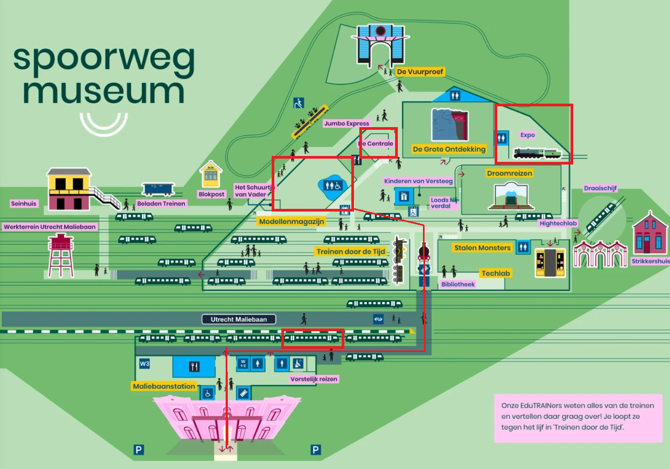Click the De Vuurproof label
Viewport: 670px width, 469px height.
(x=420, y=72)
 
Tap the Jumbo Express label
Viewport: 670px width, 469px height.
(x=346, y=123)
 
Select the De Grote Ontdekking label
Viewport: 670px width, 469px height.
(x=449, y=149)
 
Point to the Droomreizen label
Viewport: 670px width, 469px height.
(x=509, y=174)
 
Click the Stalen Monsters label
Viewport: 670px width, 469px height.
(x=482, y=248)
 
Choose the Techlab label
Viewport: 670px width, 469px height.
(x=496, y=273)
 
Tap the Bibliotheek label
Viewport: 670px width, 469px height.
(x=458, y=284)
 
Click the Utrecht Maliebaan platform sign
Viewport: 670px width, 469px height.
(x=239, y=319)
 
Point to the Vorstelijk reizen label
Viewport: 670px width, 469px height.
(x=314, y=379)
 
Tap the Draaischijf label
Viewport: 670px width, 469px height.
(x=600, y=189)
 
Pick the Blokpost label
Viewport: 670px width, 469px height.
(x=211, y=194)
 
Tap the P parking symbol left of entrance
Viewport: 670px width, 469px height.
(x=139, y=450)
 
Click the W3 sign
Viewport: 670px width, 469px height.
(x=144, y=364)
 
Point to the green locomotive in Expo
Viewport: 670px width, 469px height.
(x=537, y=153)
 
